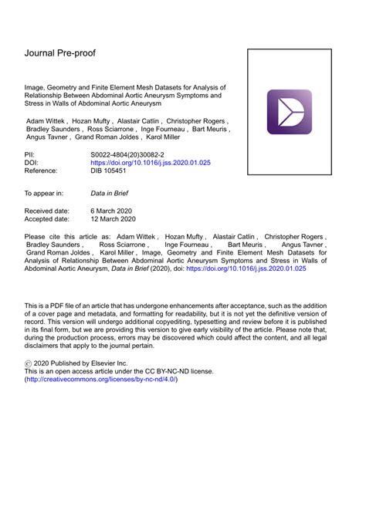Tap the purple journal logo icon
coord(290,113)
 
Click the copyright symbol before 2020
coord(29,363)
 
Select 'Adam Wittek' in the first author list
coord(48,122)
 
